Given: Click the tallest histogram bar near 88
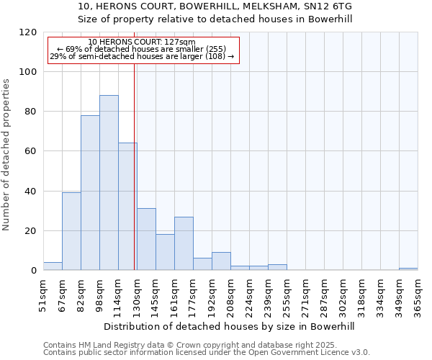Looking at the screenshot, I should point(109,183).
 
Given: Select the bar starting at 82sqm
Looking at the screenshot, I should point(90,193).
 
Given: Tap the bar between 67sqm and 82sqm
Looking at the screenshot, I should point(71,232).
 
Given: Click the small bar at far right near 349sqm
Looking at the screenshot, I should point(408,269).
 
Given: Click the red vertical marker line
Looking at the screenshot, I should point(135,166).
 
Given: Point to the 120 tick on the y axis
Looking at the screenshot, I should point(29,32).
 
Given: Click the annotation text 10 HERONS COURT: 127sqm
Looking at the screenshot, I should point(142,42).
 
